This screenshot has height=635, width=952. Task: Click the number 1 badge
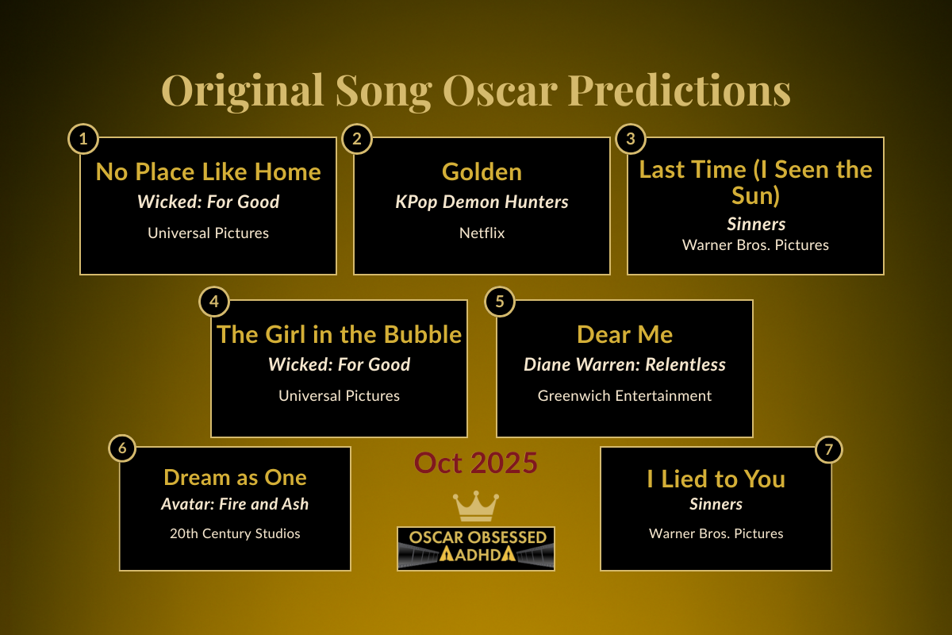point(83,140)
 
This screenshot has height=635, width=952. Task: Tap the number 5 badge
point(500,302)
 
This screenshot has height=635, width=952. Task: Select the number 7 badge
point(828,449)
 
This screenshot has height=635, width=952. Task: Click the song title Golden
point(482,171)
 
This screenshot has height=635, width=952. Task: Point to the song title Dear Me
point(624,334)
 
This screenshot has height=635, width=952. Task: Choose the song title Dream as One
point(235,477)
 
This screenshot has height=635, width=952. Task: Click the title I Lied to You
point(716,479)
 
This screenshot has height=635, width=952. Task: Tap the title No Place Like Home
point(208,171)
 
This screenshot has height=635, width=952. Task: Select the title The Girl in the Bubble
point(339,334)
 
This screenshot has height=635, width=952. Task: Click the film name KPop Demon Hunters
point(482,202)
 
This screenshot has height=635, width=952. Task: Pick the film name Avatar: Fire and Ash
point(235,504)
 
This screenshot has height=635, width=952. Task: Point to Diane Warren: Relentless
point(624,364)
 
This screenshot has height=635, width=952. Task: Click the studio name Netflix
point(482,233)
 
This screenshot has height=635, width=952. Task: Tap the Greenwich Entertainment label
point(624,395)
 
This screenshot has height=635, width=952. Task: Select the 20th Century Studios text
point(235,533)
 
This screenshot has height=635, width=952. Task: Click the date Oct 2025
point(475,463)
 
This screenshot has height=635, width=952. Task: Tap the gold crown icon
point(475,506)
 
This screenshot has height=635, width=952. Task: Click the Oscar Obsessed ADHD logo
point(475,548)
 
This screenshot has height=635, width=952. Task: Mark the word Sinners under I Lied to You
point(716,504)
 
